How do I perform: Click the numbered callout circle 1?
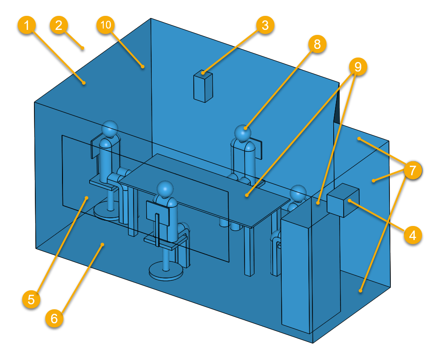point(28,25)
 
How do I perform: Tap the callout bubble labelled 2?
point(59,25)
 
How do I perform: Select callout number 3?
point(265,25)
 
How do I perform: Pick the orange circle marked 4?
point(412,235)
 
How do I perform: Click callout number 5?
point(31,299)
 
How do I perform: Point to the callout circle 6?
point(54,319)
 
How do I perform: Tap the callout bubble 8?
point(317,44)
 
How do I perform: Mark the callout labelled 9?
point(358,67)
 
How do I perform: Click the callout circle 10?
point(106,25)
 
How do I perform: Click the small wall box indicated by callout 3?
point(202,86)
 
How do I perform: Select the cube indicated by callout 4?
point(342,200)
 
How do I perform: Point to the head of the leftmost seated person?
point(109,129)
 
